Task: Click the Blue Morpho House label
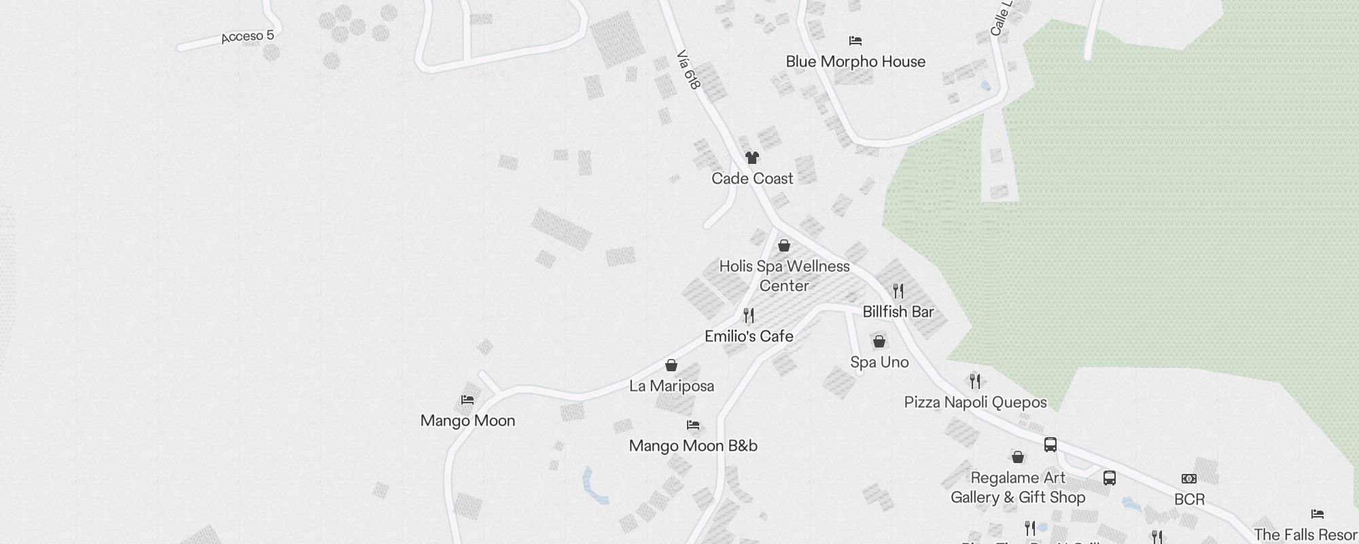click(x=855, y=62)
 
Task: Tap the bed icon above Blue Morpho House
click(x=855, y=41)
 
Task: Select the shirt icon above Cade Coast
click(x=752, y=158)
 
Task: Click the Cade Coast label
click(x=752, y=179)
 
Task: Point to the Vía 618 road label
click(x=688, y=69)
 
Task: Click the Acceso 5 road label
click(x=247, y=36)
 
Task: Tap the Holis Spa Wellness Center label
click(x=784, y=276)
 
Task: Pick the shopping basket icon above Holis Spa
click(x=784, y=245)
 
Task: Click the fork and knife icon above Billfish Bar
click(x=898, y=291)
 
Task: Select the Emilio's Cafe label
click(x=749, y=337)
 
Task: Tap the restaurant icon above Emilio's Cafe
click(x=749, y=316)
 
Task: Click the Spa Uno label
click(x=879, y=362)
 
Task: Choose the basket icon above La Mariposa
click(x=671, y=365)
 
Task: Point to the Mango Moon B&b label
click(x=693, y=446)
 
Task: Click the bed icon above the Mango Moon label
click(x=467, y=400)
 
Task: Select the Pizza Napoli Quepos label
click(x=975, y=403)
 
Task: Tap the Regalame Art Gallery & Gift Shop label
click(x=1018, y=488)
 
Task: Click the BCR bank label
click(x=1189, y=500)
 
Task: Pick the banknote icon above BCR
click(x=1189, y=479)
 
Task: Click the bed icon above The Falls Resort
click(x=1318, y=514)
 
